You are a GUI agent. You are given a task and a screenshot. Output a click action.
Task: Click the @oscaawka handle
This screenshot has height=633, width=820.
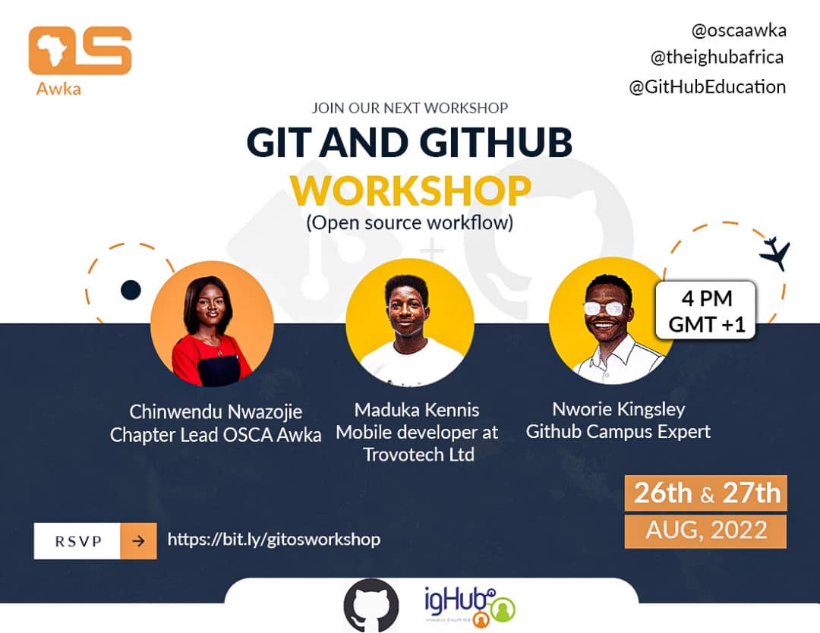[739, 31]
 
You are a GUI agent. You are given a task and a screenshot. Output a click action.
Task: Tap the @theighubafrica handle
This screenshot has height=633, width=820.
[717, 57]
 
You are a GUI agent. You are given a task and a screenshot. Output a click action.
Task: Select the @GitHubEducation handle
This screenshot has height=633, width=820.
[707, 87]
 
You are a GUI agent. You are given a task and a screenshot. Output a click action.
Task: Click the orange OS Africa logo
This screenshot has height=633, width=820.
[80, 51]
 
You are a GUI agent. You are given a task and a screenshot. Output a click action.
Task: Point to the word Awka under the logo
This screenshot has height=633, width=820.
[58, 89]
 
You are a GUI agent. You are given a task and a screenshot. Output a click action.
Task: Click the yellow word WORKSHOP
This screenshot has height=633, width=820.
[411, 191]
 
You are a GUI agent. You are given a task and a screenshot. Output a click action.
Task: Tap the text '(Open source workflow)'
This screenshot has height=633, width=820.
[410, 222]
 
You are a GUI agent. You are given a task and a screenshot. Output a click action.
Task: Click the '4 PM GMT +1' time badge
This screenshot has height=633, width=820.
[706, 310]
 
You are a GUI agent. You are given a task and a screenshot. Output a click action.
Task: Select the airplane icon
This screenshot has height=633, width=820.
[775, 253]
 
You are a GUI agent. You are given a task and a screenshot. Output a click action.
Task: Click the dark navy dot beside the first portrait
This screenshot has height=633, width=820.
[131, 290]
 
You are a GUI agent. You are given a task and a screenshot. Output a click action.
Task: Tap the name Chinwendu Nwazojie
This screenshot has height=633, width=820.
[216, 412]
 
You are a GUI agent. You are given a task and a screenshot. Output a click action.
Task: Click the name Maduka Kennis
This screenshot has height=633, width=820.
[417, 410]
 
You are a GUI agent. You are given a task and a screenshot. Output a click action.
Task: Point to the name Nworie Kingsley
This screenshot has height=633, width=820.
[619, 409]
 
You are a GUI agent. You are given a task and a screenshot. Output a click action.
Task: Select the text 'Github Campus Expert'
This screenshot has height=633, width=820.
[618, 432]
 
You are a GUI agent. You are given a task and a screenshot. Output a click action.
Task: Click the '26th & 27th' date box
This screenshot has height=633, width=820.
[706, 493]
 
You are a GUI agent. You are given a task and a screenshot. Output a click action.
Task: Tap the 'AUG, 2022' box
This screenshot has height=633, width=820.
[705, 531]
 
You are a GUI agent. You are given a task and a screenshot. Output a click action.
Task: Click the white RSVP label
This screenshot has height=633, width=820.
[77, 541]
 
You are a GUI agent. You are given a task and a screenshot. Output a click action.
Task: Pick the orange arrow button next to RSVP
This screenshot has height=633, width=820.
[139, 541]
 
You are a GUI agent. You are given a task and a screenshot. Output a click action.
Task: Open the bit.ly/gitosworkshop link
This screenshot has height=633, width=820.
[274, 540]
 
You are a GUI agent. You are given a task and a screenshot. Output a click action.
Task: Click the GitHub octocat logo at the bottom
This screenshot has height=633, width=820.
[371, 605]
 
